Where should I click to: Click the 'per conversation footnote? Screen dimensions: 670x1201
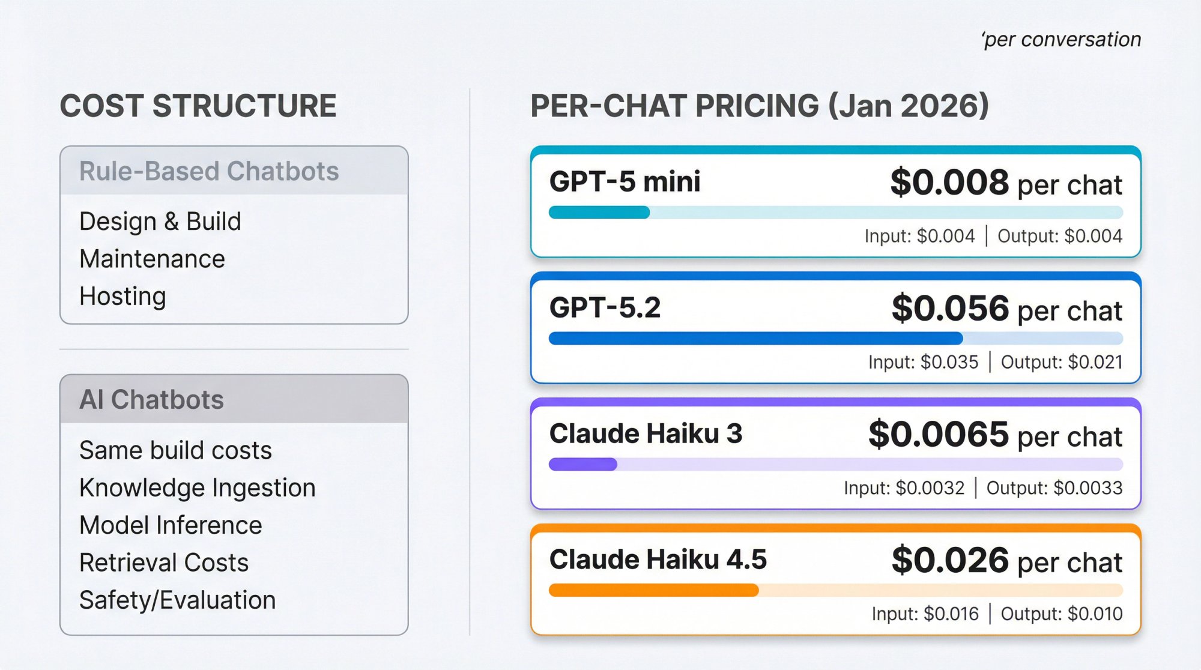(1061, 40)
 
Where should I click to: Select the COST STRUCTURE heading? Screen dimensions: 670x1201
(198, 106)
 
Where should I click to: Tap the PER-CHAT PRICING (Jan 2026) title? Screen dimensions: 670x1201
(760, 106)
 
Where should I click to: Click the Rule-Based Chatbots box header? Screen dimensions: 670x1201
(209, 171)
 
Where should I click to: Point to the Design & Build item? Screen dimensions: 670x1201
(160, 222)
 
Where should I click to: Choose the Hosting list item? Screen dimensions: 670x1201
(123, 296)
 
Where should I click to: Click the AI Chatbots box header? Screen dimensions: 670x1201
(152, 400)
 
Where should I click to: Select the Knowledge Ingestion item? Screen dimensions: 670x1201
(198, 487)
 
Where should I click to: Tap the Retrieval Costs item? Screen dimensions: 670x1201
(164, 563)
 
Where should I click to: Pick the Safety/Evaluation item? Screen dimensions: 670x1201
(178, 600)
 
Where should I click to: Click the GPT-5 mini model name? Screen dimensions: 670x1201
(625, 181)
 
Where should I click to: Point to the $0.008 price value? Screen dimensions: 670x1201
(949, 183)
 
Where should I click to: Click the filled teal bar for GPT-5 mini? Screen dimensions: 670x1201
(599, 213)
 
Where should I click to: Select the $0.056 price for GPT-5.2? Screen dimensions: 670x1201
(950, 309)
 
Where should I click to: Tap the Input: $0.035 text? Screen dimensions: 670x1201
(923, 362)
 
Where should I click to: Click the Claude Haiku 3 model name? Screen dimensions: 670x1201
(646, 433)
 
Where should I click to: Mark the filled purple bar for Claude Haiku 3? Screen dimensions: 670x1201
(583, 464)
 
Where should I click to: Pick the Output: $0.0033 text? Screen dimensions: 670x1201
(1054, 488)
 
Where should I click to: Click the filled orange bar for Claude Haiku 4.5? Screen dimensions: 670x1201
(653, 590)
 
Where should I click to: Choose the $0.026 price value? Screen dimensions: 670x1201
(950, 560)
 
